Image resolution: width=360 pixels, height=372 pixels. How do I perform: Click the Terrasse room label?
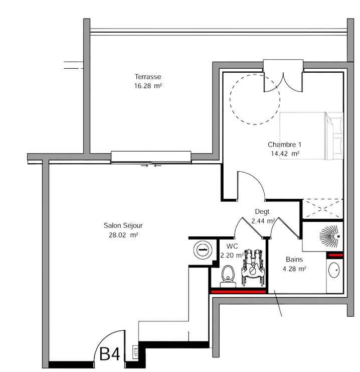147,77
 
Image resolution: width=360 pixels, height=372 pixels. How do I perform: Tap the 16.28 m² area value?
148,86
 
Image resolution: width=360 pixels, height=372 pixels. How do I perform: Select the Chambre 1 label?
284,145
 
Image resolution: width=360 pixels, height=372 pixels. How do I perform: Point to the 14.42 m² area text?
285,154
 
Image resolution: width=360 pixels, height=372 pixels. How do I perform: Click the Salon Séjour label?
123,225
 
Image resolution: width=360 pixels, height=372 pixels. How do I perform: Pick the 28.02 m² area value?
123,235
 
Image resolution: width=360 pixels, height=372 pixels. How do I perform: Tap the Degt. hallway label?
262,212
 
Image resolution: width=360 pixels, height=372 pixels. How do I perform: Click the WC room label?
232,246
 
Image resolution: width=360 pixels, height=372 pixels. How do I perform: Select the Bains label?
294,260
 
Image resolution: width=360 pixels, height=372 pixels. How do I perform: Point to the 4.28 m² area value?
294,269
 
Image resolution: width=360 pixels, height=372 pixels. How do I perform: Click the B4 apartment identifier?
109,354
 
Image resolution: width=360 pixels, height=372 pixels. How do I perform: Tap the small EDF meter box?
135,352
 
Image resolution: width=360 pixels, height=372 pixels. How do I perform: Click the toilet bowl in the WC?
228,277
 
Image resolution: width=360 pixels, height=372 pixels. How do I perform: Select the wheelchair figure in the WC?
253,268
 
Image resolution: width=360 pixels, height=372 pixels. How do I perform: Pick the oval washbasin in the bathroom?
334,270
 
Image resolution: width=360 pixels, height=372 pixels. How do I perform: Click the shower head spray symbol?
330,235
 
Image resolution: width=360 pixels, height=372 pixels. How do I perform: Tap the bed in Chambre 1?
311,136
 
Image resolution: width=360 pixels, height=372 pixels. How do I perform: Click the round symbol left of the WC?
203,250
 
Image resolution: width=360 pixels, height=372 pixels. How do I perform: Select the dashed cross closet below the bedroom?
323,209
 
